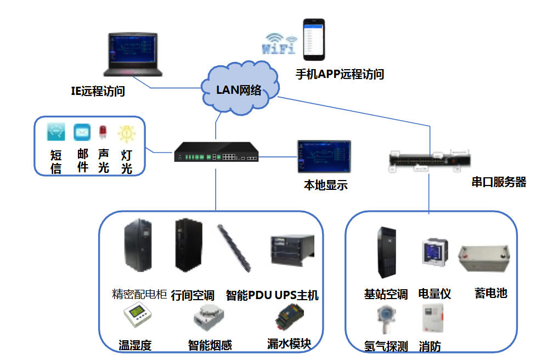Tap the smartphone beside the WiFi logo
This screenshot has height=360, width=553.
(x=314, y=40)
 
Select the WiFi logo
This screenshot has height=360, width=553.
(x=279, y=44)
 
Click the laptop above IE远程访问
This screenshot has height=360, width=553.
(x=133, y=54)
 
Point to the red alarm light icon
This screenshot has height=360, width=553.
(x=103, y=132)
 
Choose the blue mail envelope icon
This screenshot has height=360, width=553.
(x=82, y=132)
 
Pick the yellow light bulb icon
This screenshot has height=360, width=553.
(x=126, y=133)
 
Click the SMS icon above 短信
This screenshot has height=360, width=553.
(x=56, y=132)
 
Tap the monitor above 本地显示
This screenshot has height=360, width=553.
(x=324, y=156)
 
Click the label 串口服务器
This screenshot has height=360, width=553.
(x=499, y=182)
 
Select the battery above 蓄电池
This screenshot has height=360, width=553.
(x=484, y=258)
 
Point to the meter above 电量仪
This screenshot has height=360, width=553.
(x=435, y=252)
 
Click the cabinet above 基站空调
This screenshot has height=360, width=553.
(x=387, y=252)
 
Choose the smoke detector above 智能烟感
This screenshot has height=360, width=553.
(x=208, y=317)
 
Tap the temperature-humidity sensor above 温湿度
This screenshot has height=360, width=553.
(x=138, y=314)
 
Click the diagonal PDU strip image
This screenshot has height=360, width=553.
(x=234, y=248)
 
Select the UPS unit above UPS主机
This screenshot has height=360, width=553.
(x=292, y=250)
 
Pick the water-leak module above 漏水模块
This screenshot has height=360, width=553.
(x=289, y=316)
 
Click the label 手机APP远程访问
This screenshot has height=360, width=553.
(x=340, y=74)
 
